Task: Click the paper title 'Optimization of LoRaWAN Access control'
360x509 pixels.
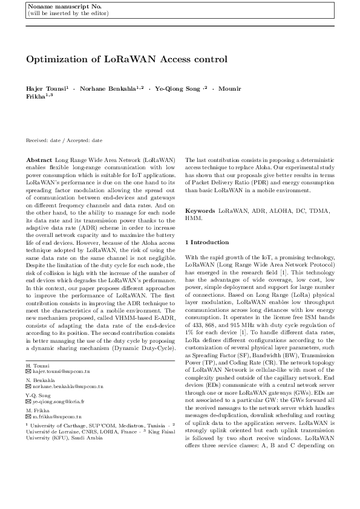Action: (126, 59)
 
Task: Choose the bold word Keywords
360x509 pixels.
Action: (200, 210)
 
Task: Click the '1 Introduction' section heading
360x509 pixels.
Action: (209, 242)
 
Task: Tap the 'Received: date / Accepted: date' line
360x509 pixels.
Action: (64, 140)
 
